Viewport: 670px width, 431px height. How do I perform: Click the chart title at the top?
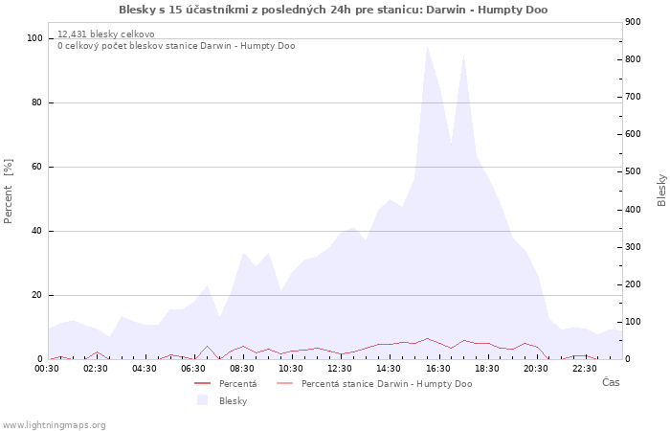click(333, 10)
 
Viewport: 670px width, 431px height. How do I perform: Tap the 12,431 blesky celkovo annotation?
click(105, 34)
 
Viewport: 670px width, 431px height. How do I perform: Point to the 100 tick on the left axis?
click(35, 38)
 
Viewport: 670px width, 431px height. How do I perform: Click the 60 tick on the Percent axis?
click(37, 167)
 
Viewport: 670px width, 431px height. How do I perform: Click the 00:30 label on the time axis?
click(48, 368)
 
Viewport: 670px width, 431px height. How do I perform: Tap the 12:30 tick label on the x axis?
click(341, 368)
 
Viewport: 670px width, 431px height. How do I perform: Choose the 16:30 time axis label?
click(438, 368)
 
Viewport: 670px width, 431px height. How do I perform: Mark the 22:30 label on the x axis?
click(585, 368)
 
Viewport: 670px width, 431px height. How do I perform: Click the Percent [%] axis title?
click(9, 192)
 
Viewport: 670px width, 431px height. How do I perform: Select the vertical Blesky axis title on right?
click(661, 190)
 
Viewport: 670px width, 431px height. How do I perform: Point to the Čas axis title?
click(611, 382)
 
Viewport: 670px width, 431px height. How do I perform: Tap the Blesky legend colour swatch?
click(202, 400)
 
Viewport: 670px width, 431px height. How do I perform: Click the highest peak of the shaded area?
click(427, 47)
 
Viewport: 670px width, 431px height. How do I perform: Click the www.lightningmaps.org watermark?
click(55, 424)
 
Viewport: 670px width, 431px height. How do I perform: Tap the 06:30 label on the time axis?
click(194, 368)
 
